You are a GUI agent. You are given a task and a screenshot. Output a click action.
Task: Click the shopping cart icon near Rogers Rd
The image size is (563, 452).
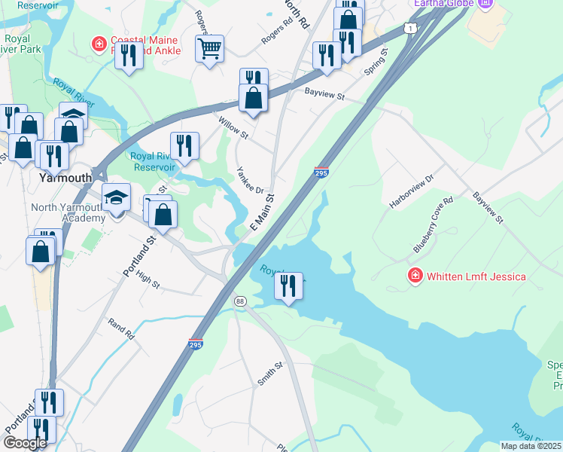tap(210, 50)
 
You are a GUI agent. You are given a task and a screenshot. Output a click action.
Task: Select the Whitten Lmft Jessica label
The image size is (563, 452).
tap(476, 276)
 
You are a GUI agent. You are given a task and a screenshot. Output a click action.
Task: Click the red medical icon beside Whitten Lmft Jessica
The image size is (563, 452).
tap(414, 276)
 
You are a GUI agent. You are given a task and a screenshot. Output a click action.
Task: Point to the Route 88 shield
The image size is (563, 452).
tap(240, 301)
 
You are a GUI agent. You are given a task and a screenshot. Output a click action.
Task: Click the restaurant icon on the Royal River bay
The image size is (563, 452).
tap(288, 286)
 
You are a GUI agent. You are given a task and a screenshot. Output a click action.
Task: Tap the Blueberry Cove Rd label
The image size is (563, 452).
tap(431, 225)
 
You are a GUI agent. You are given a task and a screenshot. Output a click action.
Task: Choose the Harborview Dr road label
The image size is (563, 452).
tap(412, 191)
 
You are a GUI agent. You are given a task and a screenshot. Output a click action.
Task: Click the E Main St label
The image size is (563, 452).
tap(261, 215)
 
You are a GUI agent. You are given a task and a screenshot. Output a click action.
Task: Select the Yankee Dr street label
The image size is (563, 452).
tap(250, 181)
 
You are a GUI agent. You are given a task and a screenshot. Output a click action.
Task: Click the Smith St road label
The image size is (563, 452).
tap(269, 374)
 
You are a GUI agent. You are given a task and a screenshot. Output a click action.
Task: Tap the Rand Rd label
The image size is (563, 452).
tap(120, 328)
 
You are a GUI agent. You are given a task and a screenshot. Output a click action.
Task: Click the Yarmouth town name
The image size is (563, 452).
tap(65, 179)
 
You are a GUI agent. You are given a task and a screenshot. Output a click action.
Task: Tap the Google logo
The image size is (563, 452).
tap(25, 443)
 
